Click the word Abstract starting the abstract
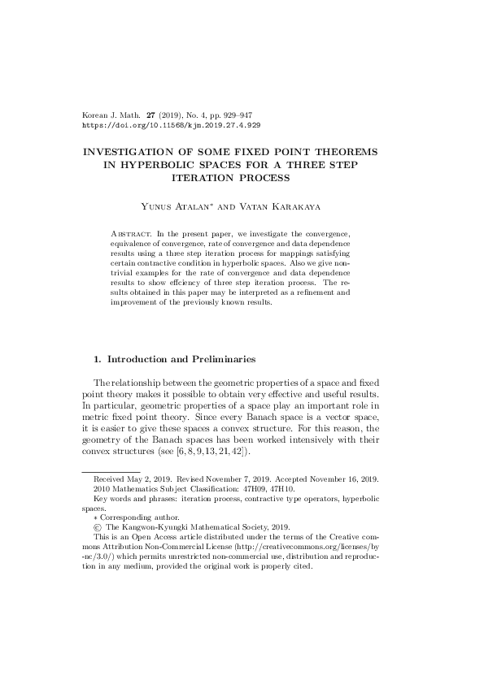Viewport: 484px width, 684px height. tap(130, 233)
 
